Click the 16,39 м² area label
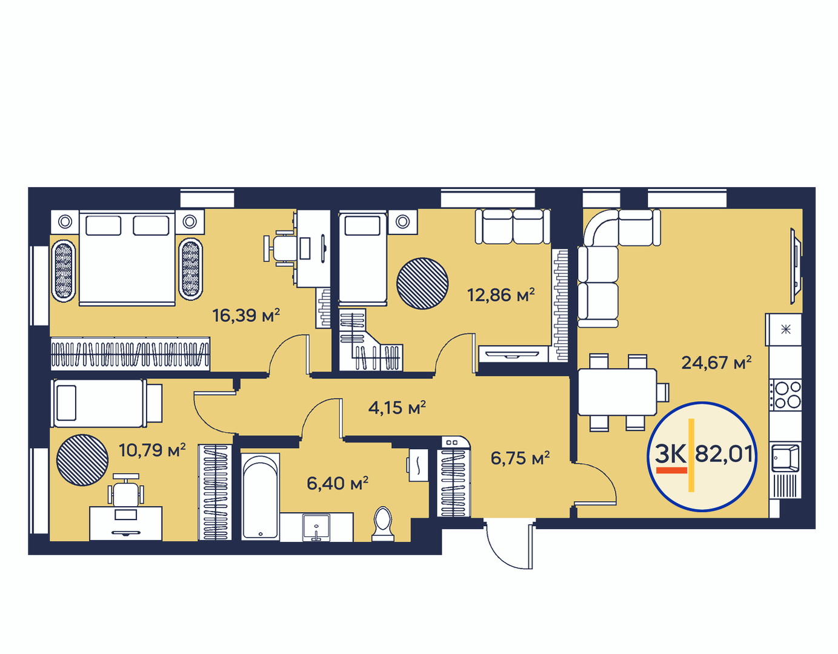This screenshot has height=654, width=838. point(246,315)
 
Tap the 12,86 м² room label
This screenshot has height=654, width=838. point(500,295)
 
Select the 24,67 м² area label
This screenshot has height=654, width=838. point(717,362)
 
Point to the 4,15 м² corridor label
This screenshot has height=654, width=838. point(397,407)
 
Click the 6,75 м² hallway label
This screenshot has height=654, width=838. point(520,458)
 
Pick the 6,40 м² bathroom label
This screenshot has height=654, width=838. point(338,483)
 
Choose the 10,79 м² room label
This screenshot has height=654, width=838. point(152,450)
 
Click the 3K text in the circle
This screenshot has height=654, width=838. point(671,454)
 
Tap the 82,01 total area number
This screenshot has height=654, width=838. point(724,454)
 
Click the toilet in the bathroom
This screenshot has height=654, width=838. point(382,524)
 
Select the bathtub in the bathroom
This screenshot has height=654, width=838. point(261,496)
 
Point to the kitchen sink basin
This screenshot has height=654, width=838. point(785,458)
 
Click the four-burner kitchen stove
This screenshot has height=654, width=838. point(785,395)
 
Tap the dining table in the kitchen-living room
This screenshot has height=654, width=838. point(617,392)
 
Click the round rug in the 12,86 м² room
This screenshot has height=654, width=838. point(422,284)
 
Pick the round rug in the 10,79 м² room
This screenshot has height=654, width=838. point(82,460)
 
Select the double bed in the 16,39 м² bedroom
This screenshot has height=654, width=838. point(127,258)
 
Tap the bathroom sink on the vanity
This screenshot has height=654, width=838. point(316,527)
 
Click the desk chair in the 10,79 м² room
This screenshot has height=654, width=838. point(126,491)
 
